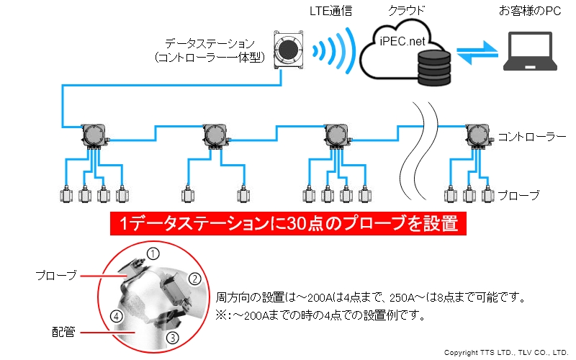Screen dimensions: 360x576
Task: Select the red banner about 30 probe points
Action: tap(289, 225)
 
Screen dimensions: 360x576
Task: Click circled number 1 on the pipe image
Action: tap(153, 251)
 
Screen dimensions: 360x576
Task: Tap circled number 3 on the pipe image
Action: tap(172, 337)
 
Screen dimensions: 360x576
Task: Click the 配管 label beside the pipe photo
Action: tap(63, 331)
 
